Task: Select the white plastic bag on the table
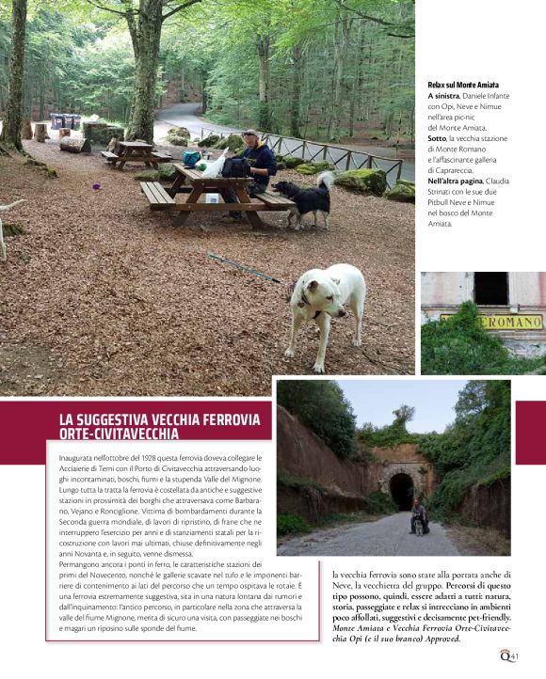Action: click(213, 166)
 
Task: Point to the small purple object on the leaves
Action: click(97, 186)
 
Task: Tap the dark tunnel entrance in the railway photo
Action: click(401, 490)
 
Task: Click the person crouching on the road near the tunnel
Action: click(419, 518)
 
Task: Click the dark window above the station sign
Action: click(491, 288)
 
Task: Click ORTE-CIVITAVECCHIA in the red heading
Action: click(119, 434)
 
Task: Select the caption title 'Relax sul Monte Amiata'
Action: click(463, 85)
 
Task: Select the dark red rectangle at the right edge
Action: click(530, 433)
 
